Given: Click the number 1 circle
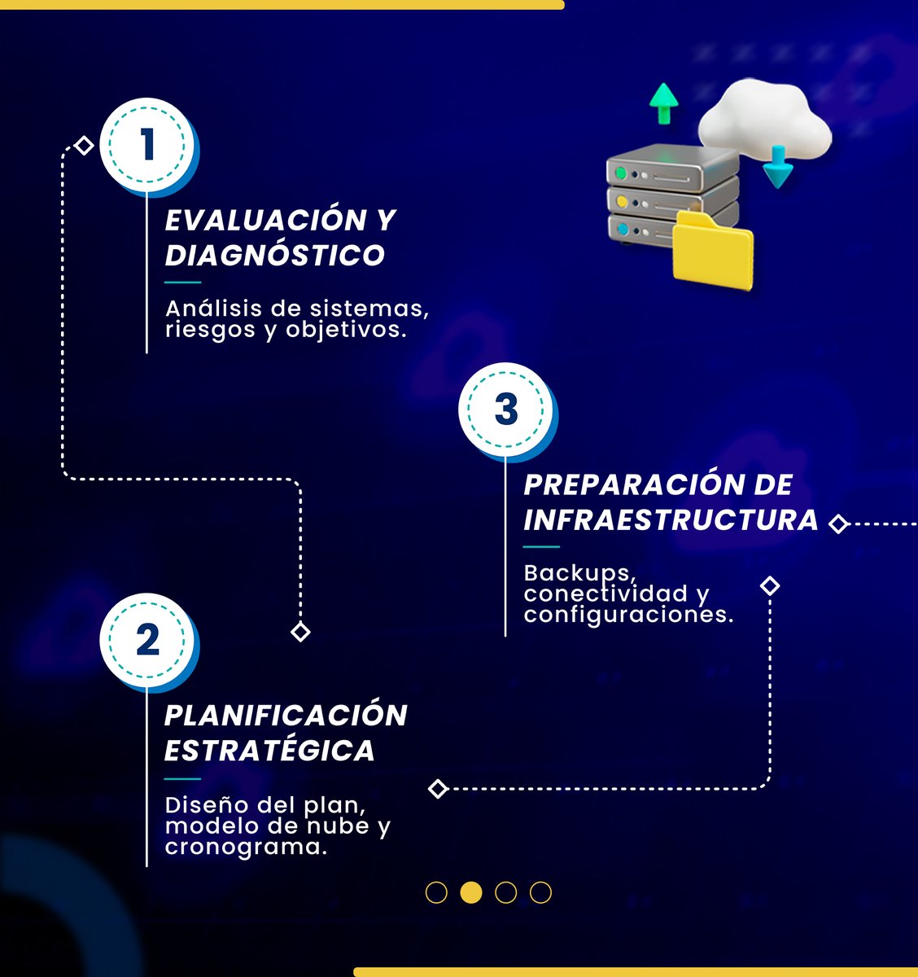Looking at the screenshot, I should coord(147,145).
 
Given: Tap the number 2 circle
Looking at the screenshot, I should coord(147,640).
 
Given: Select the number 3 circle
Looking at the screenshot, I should coord(506,409).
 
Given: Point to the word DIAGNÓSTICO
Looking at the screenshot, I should coord(274,255).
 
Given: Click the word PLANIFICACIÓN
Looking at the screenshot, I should coord(286,715).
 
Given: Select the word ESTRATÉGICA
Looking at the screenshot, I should coord(269,750).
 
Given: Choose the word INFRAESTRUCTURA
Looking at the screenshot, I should coord(671,519).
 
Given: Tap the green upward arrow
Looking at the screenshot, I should coord(664,102).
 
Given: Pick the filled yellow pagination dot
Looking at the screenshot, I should coord(471,892).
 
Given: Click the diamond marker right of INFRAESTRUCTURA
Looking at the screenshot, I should coord(838,524).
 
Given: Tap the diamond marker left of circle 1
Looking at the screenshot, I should coord(84,146).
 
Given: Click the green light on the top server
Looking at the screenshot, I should coord(622,173).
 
